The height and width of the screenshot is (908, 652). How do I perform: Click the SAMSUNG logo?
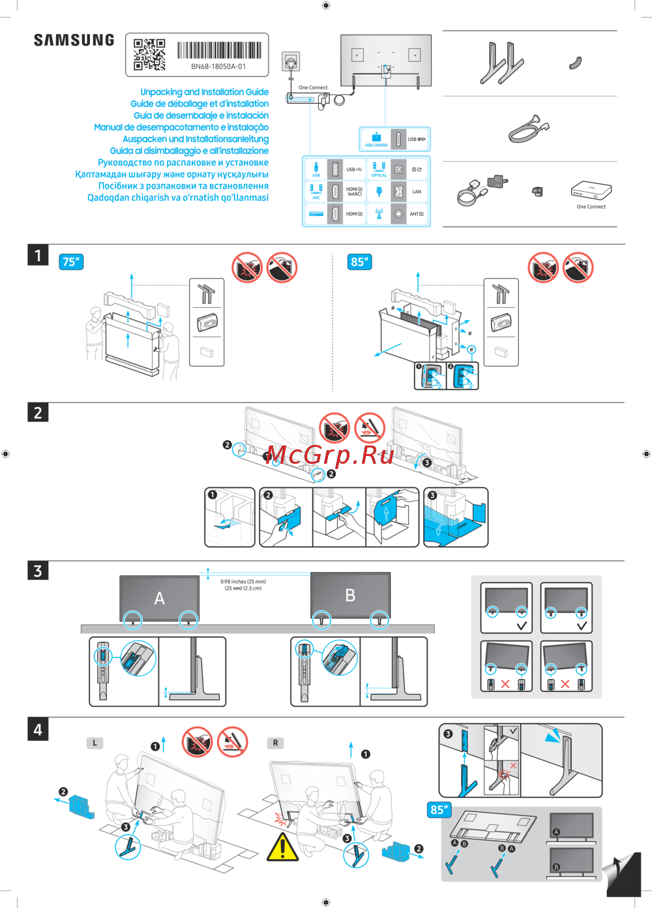74,40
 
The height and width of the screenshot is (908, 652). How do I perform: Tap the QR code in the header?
149,54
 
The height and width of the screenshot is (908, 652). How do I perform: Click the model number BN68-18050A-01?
218,67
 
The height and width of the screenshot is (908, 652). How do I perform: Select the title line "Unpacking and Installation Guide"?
204,92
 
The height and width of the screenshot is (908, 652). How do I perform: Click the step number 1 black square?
38,255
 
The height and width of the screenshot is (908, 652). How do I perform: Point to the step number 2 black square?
38,412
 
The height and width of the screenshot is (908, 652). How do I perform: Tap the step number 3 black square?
38,571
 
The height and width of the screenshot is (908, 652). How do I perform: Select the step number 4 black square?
38,729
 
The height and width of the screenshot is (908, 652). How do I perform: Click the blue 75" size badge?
71,262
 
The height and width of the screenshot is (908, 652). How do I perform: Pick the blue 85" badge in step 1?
360,262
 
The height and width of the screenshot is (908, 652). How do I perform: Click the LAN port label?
417,192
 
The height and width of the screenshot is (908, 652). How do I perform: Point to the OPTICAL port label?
379,175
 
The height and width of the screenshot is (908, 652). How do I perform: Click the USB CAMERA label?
376,145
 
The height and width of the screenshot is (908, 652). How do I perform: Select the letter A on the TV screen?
159,598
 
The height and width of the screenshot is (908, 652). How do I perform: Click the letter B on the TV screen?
350,595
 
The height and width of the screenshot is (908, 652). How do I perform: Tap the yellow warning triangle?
282,847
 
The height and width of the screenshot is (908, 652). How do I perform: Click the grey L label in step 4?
95,743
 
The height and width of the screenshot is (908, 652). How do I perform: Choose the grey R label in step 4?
275,743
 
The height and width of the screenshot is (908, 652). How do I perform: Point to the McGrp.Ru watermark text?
330,455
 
